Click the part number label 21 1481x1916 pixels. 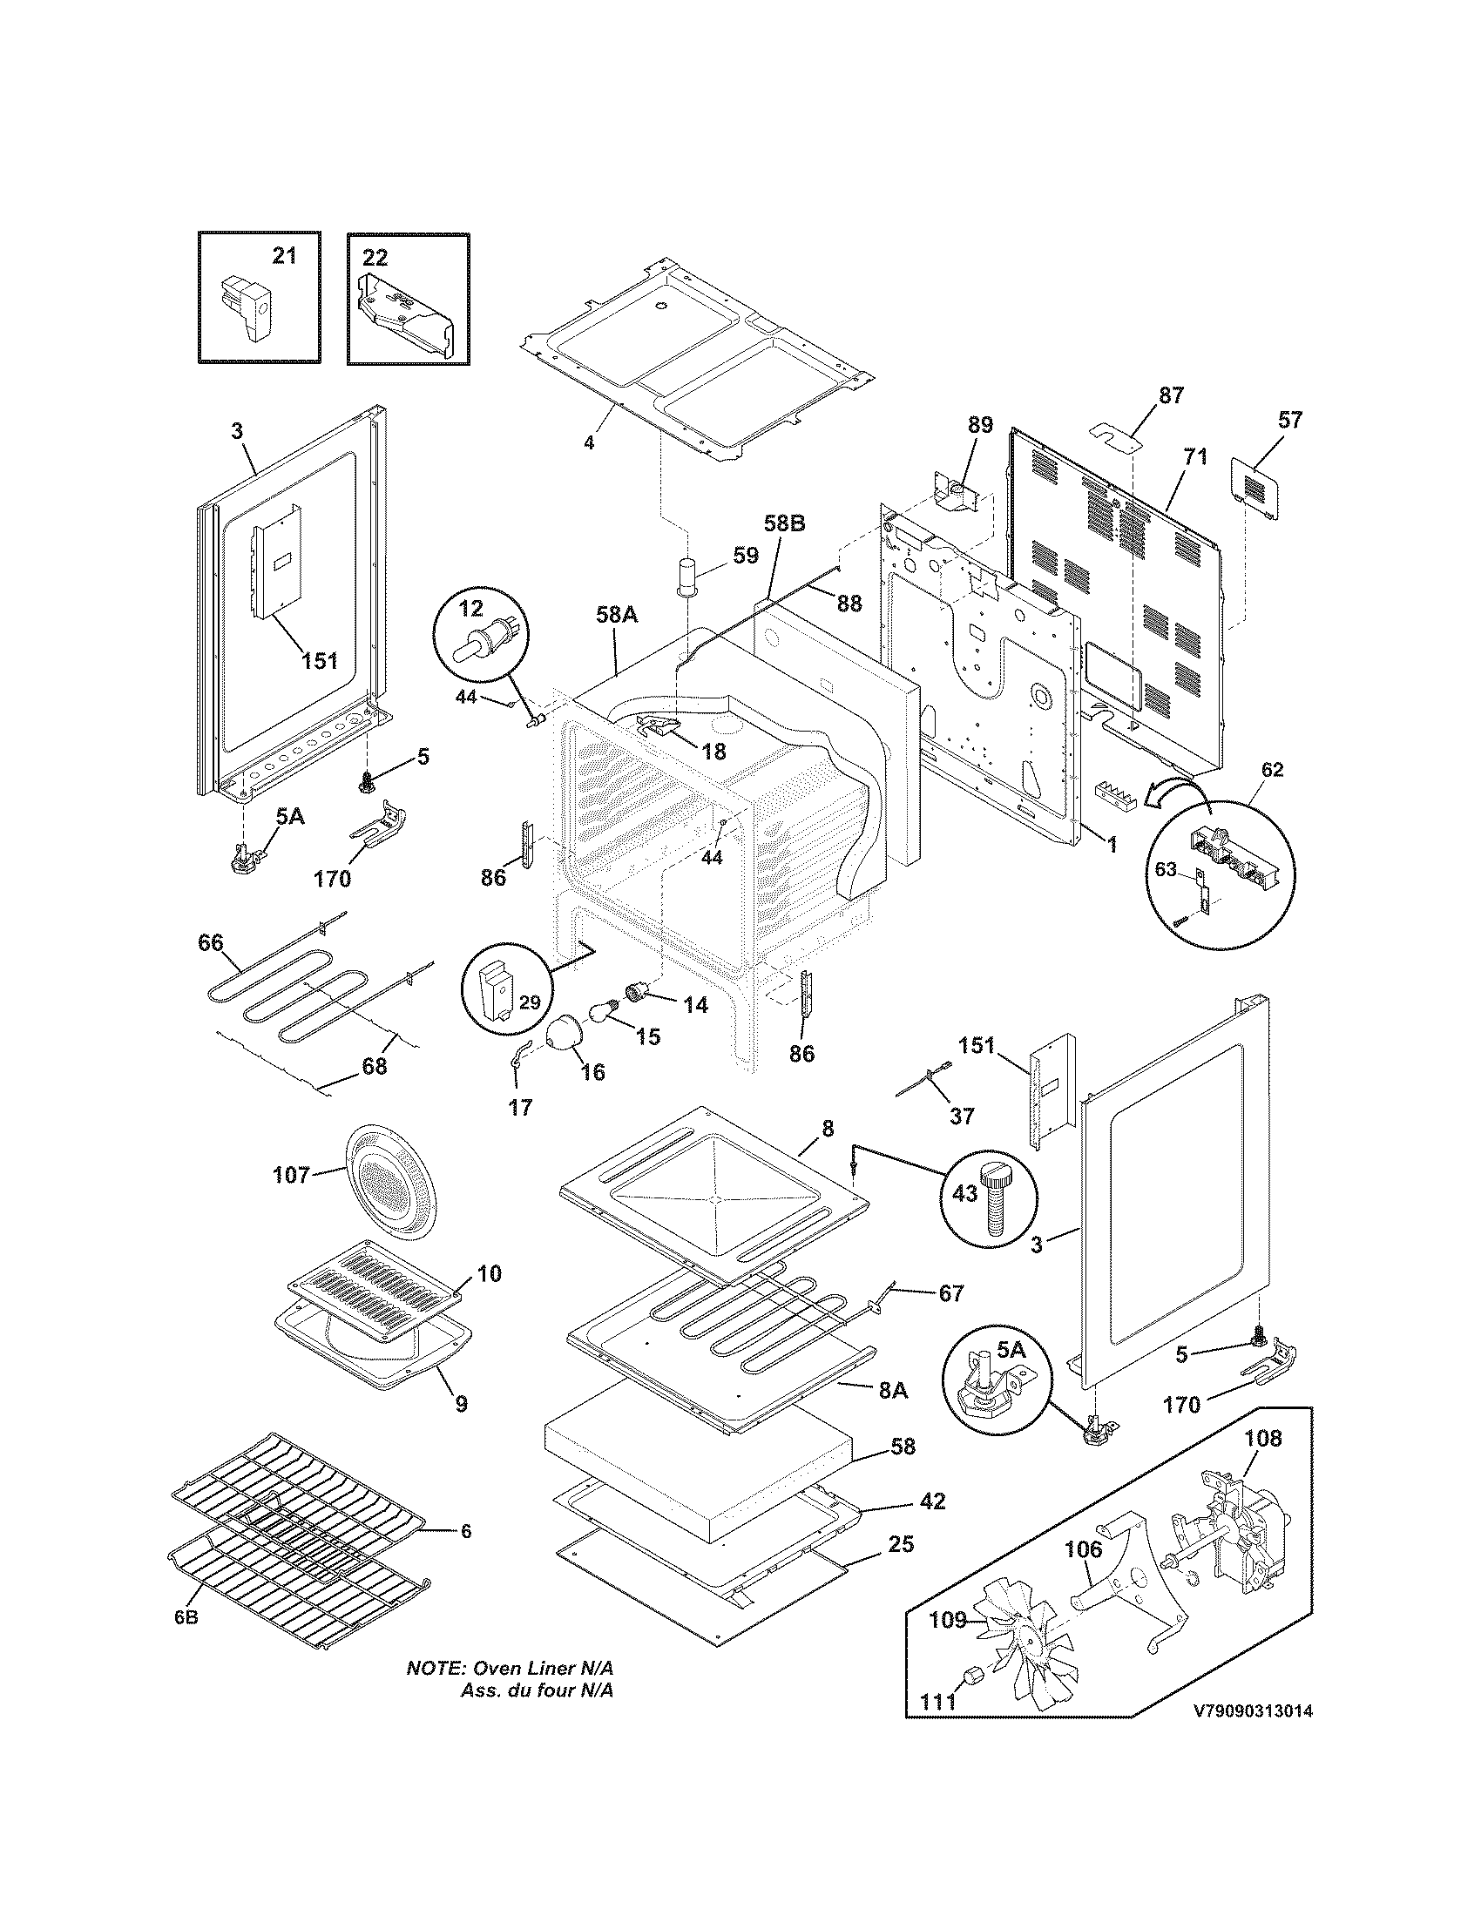[283, 255]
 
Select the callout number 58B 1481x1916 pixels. [783, 523]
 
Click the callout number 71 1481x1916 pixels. [1195, 456]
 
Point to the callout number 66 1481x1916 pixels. [211, 943]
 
